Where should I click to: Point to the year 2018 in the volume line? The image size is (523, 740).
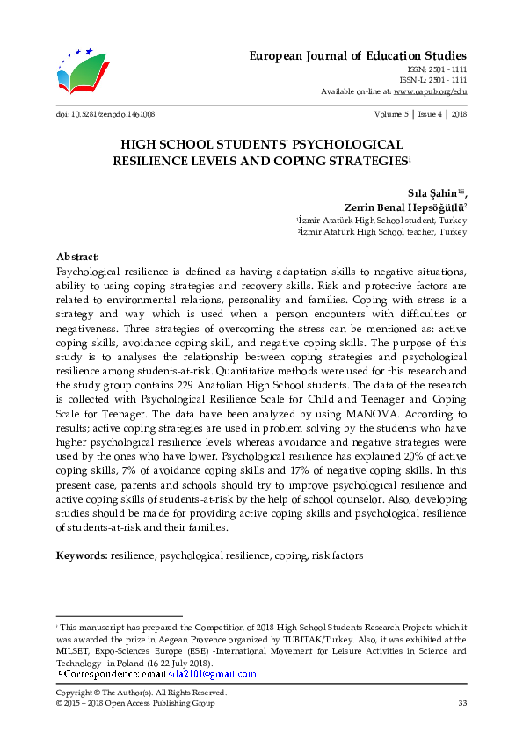(x=458, y=114)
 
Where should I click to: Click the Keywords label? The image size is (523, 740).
(x=82, y=556)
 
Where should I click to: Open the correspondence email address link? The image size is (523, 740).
(x=212, y=674)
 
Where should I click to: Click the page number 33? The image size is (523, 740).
(x=461, y=704)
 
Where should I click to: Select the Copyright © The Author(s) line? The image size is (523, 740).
(x=141, y=693)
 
